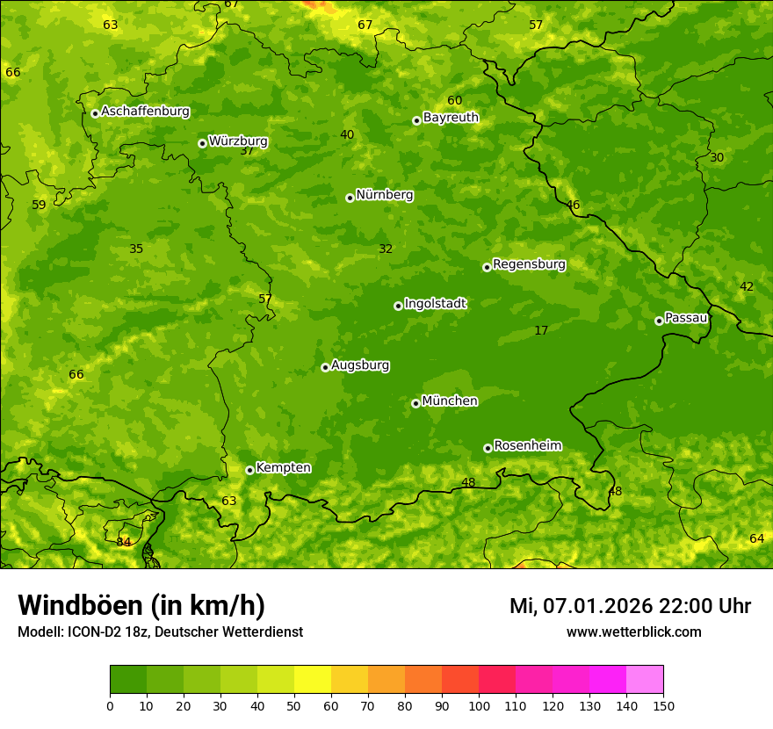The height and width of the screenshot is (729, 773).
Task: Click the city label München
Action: (x=450, y=401)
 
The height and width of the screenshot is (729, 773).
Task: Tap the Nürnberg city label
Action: (x=384, y=195)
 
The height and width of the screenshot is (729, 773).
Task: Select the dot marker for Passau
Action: (x=659, y=321)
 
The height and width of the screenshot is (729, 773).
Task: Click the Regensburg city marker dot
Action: (x=487, y=267)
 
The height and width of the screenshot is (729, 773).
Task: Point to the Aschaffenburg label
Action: (x=145, y=112)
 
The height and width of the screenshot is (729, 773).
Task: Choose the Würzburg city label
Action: (x=238, y=141)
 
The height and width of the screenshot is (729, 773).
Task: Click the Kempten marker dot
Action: (x=249, y=470)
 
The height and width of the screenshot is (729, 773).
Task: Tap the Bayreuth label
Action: (x=451, y=118)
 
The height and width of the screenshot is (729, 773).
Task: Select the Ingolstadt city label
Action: (x=435, y=304)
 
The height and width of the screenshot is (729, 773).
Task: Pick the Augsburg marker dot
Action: (x=325, y=367)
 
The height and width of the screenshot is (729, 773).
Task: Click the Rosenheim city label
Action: (x=527, y=446)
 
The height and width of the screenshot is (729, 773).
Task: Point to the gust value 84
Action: (x=124, y=542)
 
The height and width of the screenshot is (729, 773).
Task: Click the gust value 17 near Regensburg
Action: (x=541, y=330)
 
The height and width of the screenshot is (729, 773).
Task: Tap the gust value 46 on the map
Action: (x=573, y=205)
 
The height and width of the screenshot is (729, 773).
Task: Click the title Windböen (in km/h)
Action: (x=141, y=605)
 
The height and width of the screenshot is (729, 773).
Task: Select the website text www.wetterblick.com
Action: (x=633, y=632)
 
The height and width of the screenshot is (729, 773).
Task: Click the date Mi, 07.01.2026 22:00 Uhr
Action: (x=630, y=606)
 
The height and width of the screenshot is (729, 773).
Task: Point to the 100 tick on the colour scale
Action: (x=479, y=705)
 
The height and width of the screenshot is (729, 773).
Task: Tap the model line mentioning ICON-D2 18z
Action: (x=160, y=632)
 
